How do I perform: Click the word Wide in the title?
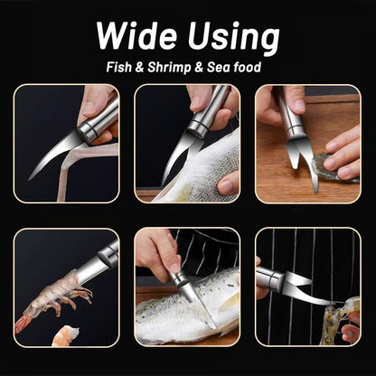136,35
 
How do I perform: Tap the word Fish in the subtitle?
119,67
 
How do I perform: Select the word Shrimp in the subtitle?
169,68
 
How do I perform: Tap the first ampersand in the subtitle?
139,67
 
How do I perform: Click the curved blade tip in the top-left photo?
30,179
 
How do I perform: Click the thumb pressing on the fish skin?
228,183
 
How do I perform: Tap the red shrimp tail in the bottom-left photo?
22,324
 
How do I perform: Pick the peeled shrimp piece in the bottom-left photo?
65,335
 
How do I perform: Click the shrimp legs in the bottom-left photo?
71,297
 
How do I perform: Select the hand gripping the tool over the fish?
157,252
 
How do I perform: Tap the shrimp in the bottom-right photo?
338,320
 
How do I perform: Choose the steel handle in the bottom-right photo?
270,279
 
